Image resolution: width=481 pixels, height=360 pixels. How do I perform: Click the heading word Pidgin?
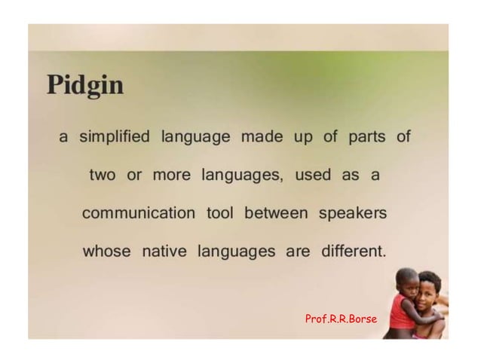(85, 86)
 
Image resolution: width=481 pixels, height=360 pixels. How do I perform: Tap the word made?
(261, 138)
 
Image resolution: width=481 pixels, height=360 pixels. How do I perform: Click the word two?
(103, 175)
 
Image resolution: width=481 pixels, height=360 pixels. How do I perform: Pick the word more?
(171, 175)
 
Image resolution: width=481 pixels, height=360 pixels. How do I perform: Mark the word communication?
(138, 213)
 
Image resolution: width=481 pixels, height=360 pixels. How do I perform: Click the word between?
(276, 213)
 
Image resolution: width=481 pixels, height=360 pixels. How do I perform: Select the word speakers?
(353, 213)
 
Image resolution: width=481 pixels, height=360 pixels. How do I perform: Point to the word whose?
(107, 252)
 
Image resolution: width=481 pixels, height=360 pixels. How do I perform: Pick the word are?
(298, 252)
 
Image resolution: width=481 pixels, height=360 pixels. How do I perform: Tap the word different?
(353, 252)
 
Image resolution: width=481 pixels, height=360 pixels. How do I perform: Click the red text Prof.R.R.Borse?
(341, 319)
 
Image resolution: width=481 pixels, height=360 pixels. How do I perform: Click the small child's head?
(408, 281)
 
